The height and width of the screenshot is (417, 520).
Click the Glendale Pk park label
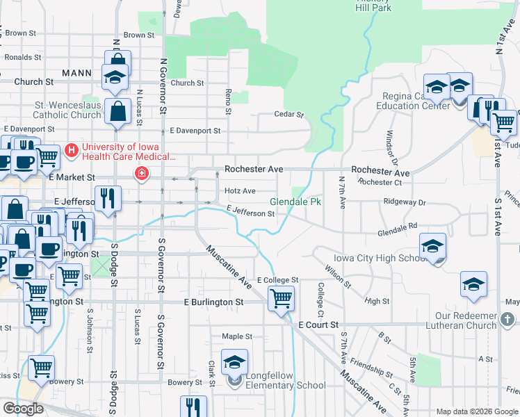[295, 202]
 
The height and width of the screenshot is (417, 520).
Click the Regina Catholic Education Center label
[413, 101]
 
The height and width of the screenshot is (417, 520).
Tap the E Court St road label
[318, 325]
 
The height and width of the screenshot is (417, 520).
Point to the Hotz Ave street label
[240, 190]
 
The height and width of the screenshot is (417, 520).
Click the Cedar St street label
[289, 114]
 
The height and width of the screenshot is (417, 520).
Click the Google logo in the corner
[24, 409]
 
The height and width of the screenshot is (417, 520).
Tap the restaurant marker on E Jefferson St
[106, 198]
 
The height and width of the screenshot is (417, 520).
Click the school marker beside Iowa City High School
[432, 245]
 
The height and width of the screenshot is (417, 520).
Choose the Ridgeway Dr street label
[403, 202]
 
